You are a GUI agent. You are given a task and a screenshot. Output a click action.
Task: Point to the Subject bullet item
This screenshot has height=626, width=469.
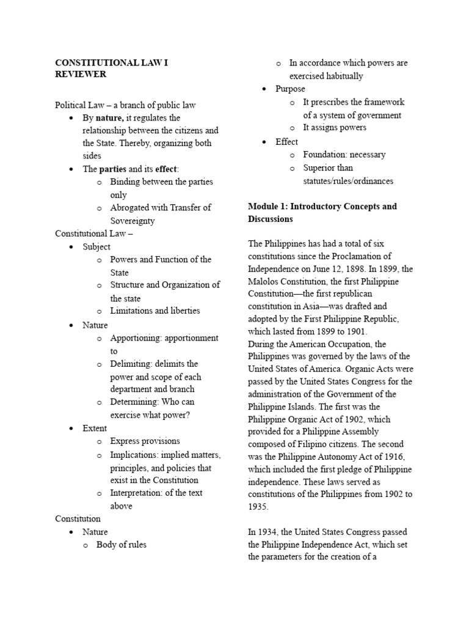[96, 247]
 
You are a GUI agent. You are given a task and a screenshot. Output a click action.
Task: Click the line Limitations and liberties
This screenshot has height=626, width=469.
[155, 311]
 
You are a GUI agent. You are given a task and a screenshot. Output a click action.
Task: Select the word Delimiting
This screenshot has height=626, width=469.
[131, 364]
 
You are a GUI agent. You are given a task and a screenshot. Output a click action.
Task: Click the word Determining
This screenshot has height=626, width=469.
[134, 402]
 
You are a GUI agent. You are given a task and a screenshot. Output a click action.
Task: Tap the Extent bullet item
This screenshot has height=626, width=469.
[95, 428]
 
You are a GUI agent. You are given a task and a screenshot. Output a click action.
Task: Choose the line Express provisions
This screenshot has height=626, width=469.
[145, 441]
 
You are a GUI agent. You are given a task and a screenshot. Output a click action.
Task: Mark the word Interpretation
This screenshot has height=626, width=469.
[137, 493]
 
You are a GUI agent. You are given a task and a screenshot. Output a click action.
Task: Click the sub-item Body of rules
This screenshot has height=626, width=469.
[121, 544]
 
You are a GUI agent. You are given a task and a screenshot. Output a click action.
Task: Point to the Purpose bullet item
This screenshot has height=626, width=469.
[290, 89]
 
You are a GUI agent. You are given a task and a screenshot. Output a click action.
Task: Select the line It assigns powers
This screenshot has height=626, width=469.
[335, 127]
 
